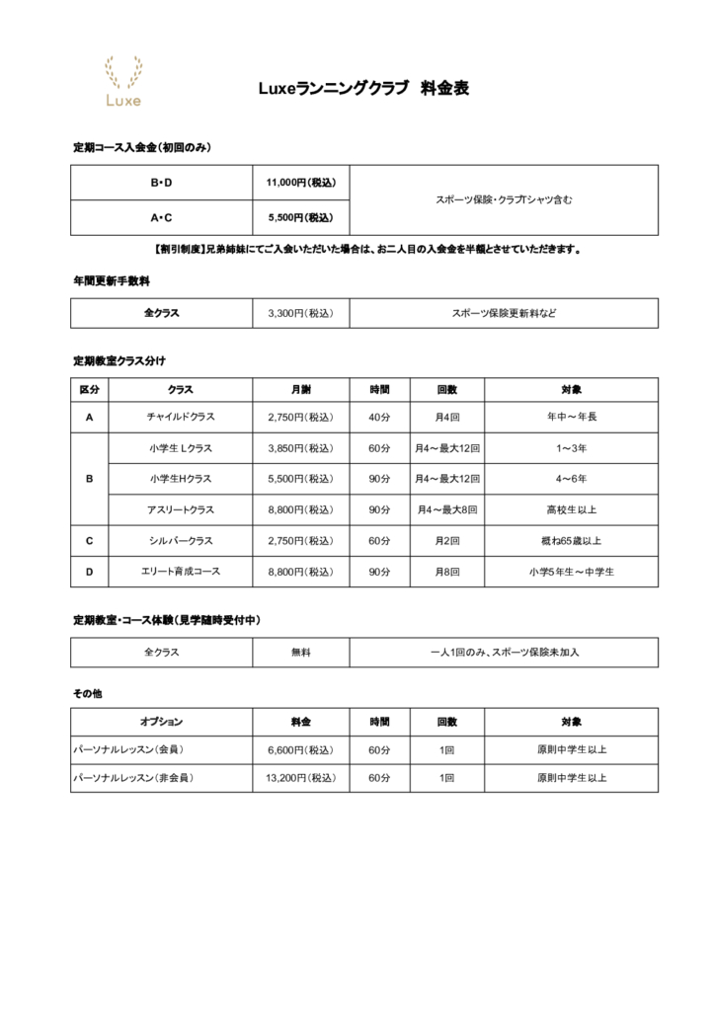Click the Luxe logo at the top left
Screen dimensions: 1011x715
click(x=122, y=81)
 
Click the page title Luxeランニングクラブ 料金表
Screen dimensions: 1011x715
click(x=362, y=88)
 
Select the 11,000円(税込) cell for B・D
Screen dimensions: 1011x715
click(x=301, y=183)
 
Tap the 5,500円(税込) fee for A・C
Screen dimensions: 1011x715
click(x=301, y=217)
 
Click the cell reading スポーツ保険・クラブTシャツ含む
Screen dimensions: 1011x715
click(x=504, y=199)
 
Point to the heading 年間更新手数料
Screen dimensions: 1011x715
click(x=111, y=280)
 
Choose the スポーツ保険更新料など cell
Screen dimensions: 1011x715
click(x=504, y=313)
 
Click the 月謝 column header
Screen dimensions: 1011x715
click(x=301, y=389)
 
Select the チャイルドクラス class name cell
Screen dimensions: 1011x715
click(x=180, y=417)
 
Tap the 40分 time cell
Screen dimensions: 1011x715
click(x=379, y=417)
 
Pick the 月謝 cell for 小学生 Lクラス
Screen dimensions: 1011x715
click(x=301, y=448)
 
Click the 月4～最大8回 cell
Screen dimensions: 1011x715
click(x=447, y=509)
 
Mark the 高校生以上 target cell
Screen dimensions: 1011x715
click(x=571, y=509)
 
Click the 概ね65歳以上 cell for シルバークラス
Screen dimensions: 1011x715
click(x=571, y=541)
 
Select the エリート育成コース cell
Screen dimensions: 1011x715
click(x=180, y=572)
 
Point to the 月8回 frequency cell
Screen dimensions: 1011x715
click(x=447, y=572)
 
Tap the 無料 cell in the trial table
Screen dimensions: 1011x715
click(x=301, y=653)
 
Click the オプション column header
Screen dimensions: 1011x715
click(x=161, y=722)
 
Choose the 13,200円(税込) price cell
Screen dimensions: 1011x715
click(x=301, y=778)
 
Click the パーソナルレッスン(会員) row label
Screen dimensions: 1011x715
click(x=129, y=749)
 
